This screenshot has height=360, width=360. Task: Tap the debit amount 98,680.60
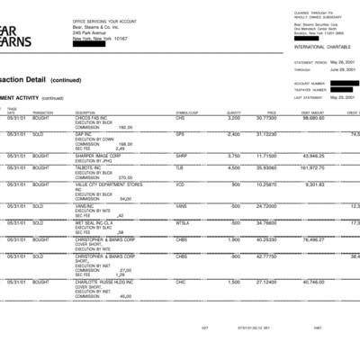coord(313,118)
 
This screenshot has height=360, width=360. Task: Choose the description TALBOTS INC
coord(91,167)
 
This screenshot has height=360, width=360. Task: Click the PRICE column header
coord(271,112)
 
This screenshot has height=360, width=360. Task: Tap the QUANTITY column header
coord(232,112)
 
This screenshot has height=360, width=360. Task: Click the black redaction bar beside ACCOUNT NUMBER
coord(344,82)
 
